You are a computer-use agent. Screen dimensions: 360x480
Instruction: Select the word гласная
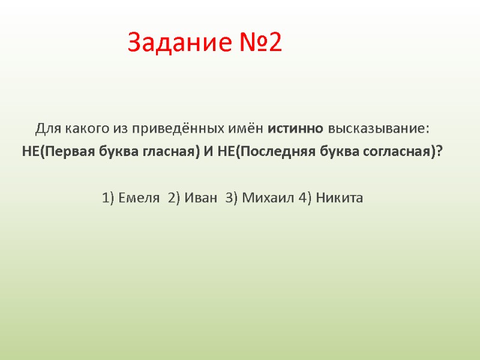coord(169,151)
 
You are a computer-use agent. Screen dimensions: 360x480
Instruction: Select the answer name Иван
coord(200,198)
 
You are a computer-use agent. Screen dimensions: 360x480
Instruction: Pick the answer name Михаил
coord(260,198)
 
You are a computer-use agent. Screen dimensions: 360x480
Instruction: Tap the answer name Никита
coord(340,198)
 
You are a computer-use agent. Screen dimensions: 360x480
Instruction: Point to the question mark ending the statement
coord(440,151)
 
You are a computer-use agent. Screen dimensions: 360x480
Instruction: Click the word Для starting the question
coord(46,129)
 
